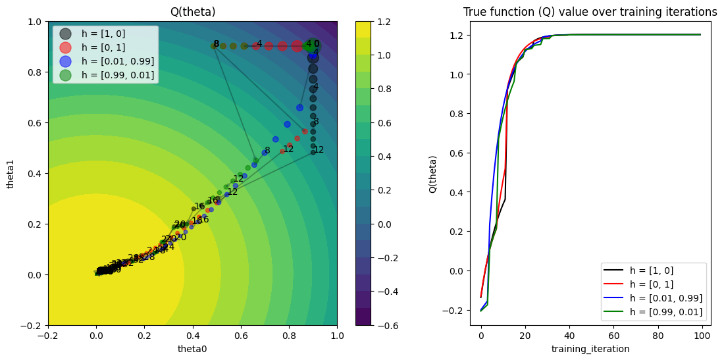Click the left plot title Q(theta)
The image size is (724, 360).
192,12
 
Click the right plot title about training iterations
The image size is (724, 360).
590,12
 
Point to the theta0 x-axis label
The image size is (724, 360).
192,349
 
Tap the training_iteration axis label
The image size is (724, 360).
590,349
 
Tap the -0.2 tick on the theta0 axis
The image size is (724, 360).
48,336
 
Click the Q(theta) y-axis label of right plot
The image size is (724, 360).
433,173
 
